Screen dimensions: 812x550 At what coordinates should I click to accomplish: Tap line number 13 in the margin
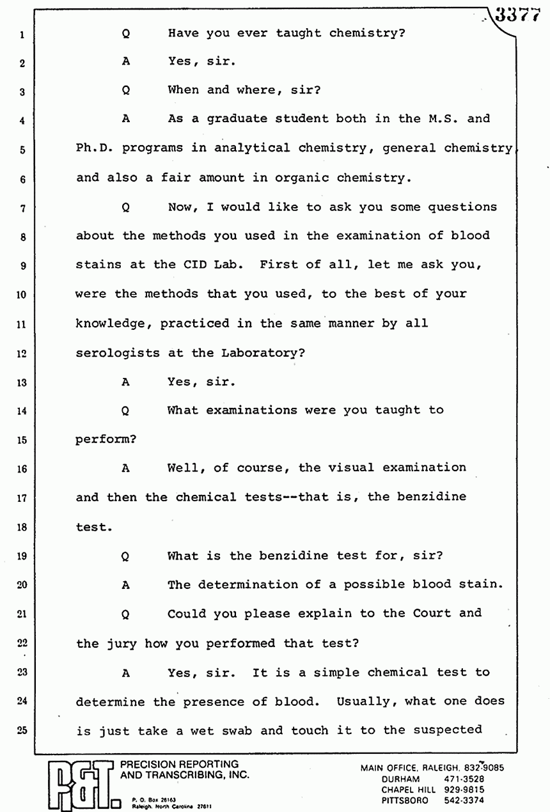(x=21, y=382)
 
